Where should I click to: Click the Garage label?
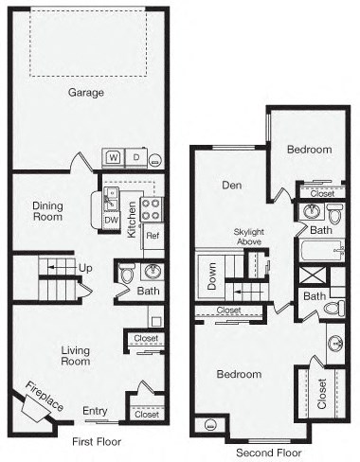(x=85, y=93)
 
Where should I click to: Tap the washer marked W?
(x=113, y=156)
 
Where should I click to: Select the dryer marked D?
(x=135, y=156)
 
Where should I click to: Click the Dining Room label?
(x=47, y=210)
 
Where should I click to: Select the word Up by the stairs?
(x=85, y=268)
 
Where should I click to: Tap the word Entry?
(x=95, y=410)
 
